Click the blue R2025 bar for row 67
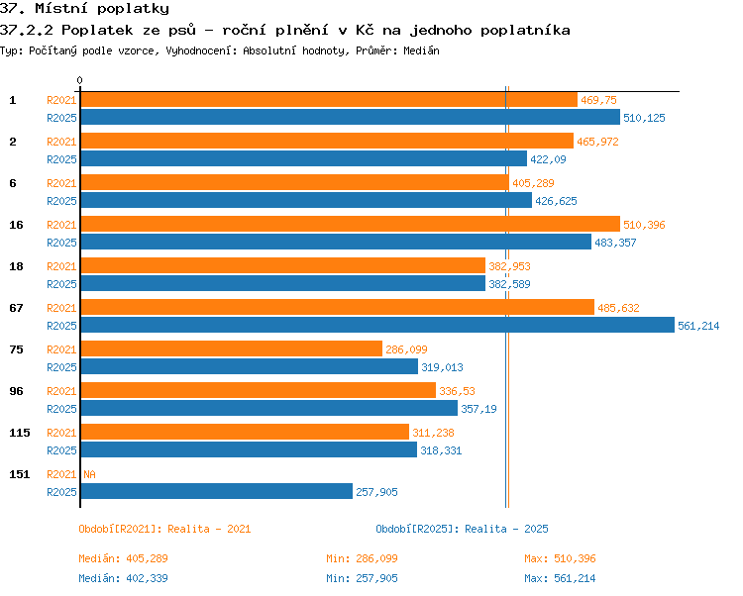377,325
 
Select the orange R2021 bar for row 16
350,224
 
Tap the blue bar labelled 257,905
217,491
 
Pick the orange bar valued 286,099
231,348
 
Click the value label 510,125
644,118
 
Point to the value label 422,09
548,159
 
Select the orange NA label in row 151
89,474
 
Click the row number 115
20,433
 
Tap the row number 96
16,391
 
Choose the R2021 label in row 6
61,183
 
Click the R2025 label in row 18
61,284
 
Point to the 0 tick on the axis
79,80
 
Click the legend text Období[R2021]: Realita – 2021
164,529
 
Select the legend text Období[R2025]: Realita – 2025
462,529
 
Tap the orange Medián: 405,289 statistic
123,558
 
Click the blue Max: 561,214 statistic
560,578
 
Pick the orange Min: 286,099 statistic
362,558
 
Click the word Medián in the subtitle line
421,50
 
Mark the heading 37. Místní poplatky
84,9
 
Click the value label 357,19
478,409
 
